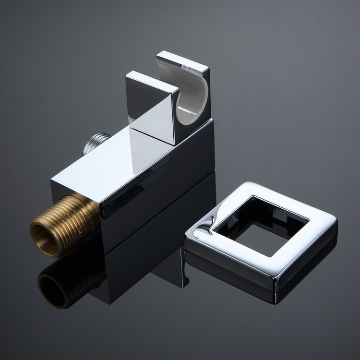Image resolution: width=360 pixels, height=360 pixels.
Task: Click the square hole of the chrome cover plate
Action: click(262, 226)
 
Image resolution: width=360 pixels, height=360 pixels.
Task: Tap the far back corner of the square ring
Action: click(250, 185)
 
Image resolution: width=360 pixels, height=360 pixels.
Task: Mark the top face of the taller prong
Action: click(182, 60)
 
